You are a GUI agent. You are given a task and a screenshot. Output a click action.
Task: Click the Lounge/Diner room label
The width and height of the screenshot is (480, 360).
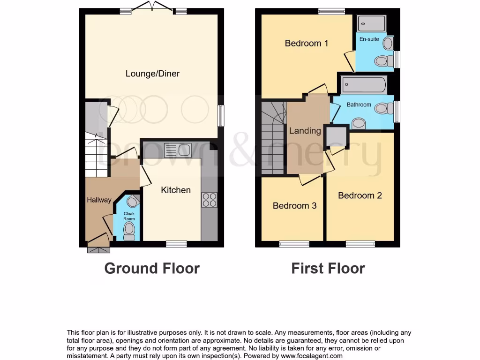pos(152,74)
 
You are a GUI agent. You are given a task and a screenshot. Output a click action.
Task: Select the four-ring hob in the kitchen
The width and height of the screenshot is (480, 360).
pos(209,200)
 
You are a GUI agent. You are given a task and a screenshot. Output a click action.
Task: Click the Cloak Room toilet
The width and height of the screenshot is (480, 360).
pos(129,231)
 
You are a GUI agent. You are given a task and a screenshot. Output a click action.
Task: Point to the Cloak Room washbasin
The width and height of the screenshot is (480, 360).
pos(133,202)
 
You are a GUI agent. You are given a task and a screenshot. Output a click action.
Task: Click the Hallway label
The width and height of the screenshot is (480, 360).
pos(99,200)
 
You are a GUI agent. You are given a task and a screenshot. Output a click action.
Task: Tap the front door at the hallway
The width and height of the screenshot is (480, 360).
pos(98,249)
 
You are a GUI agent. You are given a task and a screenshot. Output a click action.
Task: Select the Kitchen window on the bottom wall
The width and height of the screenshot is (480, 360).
pos(176,244)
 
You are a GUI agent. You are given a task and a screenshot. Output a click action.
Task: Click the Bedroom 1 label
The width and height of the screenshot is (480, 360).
pos(307,43)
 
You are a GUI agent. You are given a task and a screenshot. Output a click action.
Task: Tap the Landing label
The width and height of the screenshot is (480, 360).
pos(305,131)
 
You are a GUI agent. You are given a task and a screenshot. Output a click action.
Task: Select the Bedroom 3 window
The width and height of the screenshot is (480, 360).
pos(294,244)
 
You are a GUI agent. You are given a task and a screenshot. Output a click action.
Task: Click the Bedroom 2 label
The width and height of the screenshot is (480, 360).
pos(360,195)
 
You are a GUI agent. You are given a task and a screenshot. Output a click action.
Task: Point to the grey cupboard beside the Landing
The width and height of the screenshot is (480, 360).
pos(336,136)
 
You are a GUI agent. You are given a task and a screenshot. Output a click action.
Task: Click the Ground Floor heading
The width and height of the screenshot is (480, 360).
pos(152,268)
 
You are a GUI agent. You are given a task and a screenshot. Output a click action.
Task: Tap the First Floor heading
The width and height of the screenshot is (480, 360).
pos(328,268)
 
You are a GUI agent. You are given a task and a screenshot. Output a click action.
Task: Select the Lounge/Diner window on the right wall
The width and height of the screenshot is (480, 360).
pos(221,115)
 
